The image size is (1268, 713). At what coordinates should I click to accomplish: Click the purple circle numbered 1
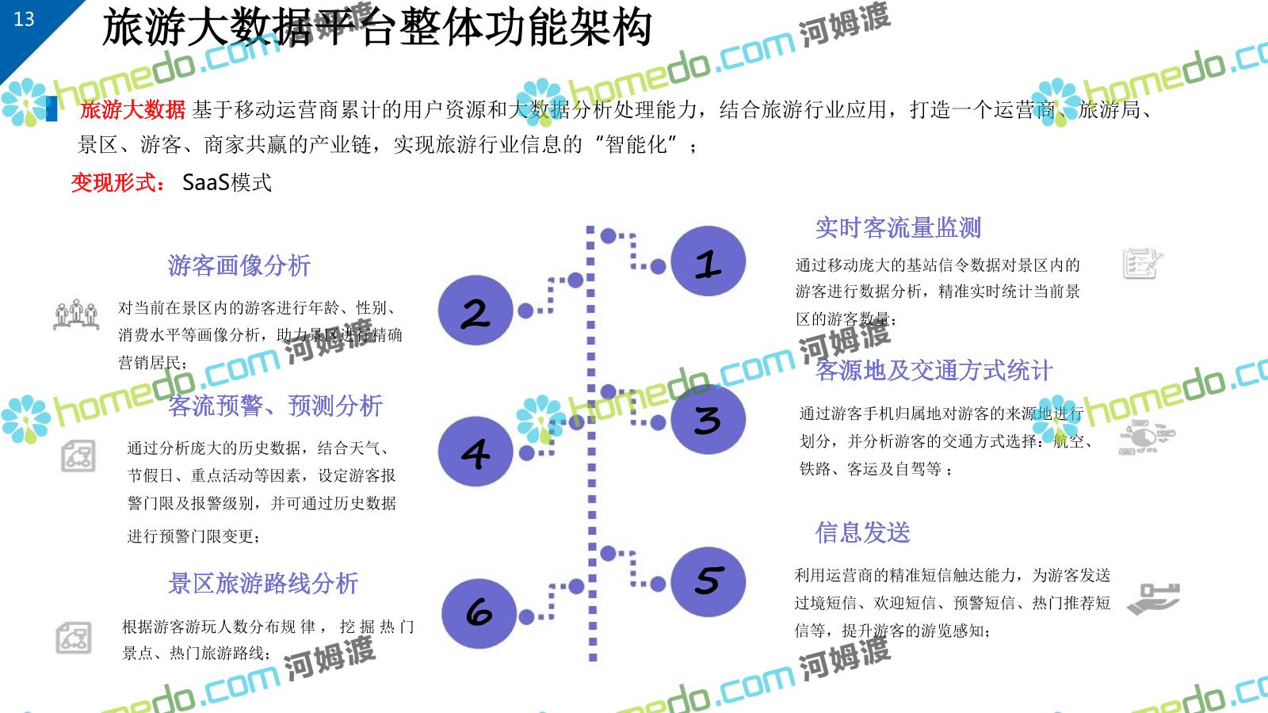coord(708,261)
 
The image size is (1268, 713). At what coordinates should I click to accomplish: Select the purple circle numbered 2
coord(475,311)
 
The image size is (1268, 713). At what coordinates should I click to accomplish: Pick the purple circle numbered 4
coord(475,452)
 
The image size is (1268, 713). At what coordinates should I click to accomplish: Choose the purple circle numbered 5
coord(708,581)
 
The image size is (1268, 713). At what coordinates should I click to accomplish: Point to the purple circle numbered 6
coord(479,613)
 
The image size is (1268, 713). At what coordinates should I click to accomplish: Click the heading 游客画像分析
coord(239,265)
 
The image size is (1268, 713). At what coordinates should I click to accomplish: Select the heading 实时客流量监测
coord(898,228)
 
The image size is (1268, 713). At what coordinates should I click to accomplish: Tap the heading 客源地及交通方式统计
coord(934,371)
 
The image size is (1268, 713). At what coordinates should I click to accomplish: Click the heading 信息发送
coord(862,532)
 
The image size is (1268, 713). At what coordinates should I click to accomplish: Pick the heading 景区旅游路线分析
coord(263,584)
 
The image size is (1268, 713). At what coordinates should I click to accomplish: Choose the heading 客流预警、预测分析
coord(275,406)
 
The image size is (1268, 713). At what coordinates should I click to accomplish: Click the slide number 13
coord(24,19)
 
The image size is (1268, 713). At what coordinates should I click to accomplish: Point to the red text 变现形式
coord(117,183)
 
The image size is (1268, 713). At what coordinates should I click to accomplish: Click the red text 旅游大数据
coord(132,110)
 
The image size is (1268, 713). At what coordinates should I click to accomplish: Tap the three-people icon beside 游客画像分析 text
coord(76,315)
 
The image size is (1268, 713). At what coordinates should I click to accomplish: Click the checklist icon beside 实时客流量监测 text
coord(1142,264)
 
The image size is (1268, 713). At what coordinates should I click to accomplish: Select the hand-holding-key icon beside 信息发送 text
coord(1153,598)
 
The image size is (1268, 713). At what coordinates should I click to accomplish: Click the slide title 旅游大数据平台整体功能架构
coord(376,28)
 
